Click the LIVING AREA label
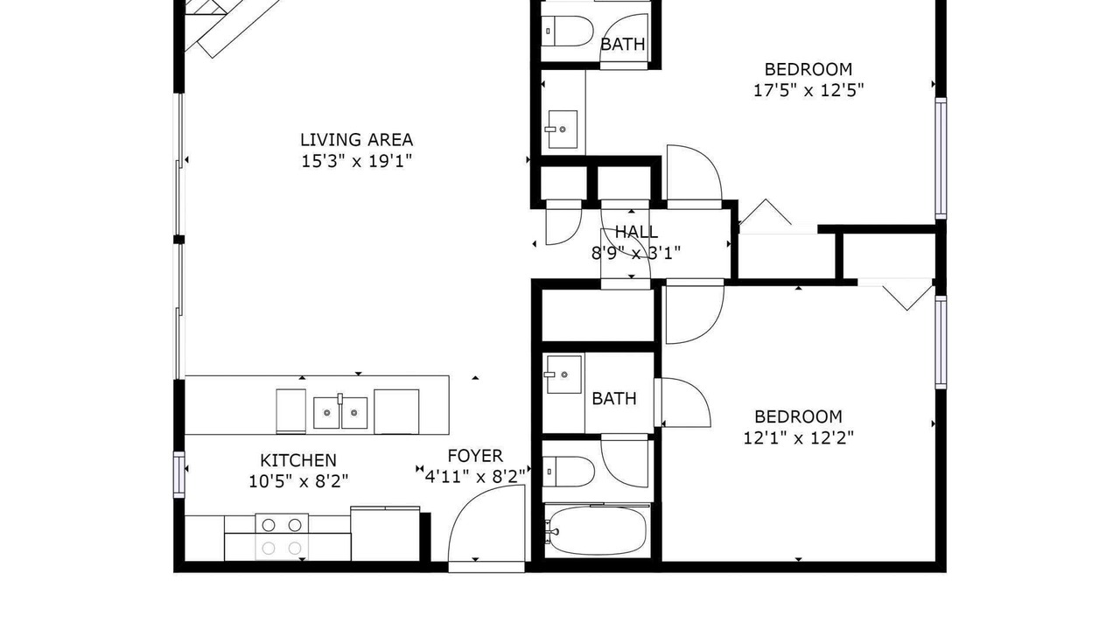356,139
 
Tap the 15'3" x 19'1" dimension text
356,161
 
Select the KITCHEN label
298,460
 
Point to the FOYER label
475,456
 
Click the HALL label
636,232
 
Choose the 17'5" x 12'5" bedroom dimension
808,90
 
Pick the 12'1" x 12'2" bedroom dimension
799,438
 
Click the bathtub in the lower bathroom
596,530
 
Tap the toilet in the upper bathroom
568,31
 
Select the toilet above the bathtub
569,471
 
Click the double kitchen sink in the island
340,412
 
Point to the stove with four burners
282,537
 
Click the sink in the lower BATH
564,374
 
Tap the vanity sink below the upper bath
563,129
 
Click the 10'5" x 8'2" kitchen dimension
298,481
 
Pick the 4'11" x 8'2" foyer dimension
475,477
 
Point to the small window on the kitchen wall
179,474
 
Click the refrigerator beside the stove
385,534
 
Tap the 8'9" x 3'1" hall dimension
636,254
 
